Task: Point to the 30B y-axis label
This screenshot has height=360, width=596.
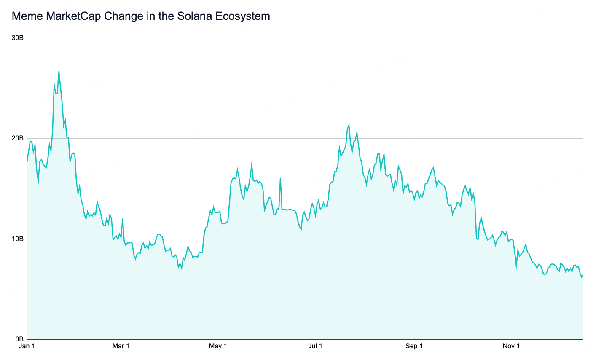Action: [18, 38]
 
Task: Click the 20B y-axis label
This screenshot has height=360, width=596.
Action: [18, 138]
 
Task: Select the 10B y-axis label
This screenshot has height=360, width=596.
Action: [18, 239]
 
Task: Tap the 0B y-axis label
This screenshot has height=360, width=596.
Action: [19, 339]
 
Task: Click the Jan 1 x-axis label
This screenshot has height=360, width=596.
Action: [27, 347]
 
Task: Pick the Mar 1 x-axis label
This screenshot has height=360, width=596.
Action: [121, 347]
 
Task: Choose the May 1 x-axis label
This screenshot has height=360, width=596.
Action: [218, 347]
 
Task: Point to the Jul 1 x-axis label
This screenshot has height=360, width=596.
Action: [315, 347]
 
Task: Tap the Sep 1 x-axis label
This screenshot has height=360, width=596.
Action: [414, 347]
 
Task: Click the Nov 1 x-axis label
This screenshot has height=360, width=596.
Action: [511, 347]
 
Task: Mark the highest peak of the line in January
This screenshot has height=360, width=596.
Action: [59, 71]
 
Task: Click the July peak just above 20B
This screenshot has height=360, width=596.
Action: [349, 124]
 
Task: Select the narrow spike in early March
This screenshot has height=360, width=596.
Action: [123, 219]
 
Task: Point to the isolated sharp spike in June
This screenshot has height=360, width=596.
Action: [280, 178]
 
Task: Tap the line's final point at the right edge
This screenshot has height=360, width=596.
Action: [583, 275]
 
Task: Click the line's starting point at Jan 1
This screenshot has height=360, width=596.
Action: [27, 161]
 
